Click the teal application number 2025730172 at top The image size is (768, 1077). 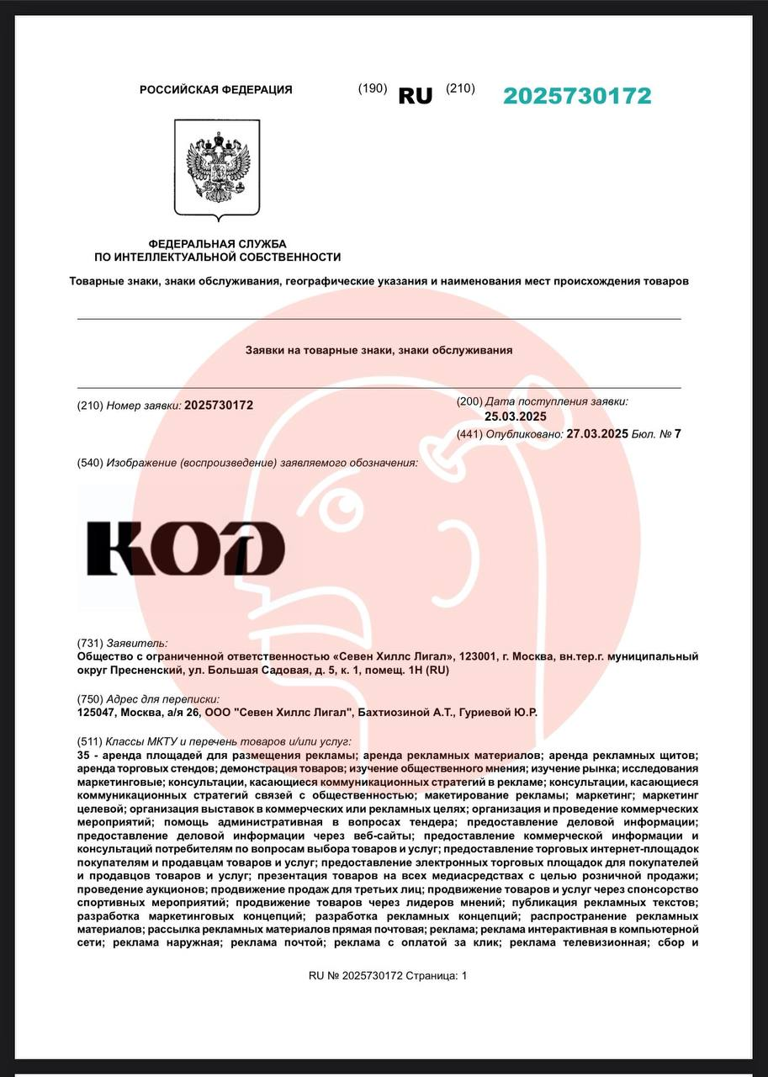click(x=577, y=96)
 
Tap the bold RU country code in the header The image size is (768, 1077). click(x=415, y=96)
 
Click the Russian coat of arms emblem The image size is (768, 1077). click(x=218, y=168)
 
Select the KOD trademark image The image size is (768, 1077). click(x=186, y=548)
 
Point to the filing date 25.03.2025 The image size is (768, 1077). click(x=516, y=416)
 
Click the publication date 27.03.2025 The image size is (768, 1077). click(x=597, y=434)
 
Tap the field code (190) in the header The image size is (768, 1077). click(x=373, y=88)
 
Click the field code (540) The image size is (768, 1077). click(x=89, y=463)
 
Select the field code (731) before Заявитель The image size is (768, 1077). click(x=89, y=643)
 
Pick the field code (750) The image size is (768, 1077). click(x=89, y=699)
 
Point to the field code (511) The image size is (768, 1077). click(x=89, y=742)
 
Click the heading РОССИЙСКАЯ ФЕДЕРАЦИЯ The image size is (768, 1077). click(x=216, y=90)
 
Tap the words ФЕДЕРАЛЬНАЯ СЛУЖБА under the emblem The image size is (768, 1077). click(x=217, y=243)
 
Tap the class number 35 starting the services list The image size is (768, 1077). click(x=82, y=756)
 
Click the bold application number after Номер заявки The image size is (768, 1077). click(x=219, y=405)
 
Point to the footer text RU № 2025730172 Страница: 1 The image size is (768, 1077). click(x=387, y=976)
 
